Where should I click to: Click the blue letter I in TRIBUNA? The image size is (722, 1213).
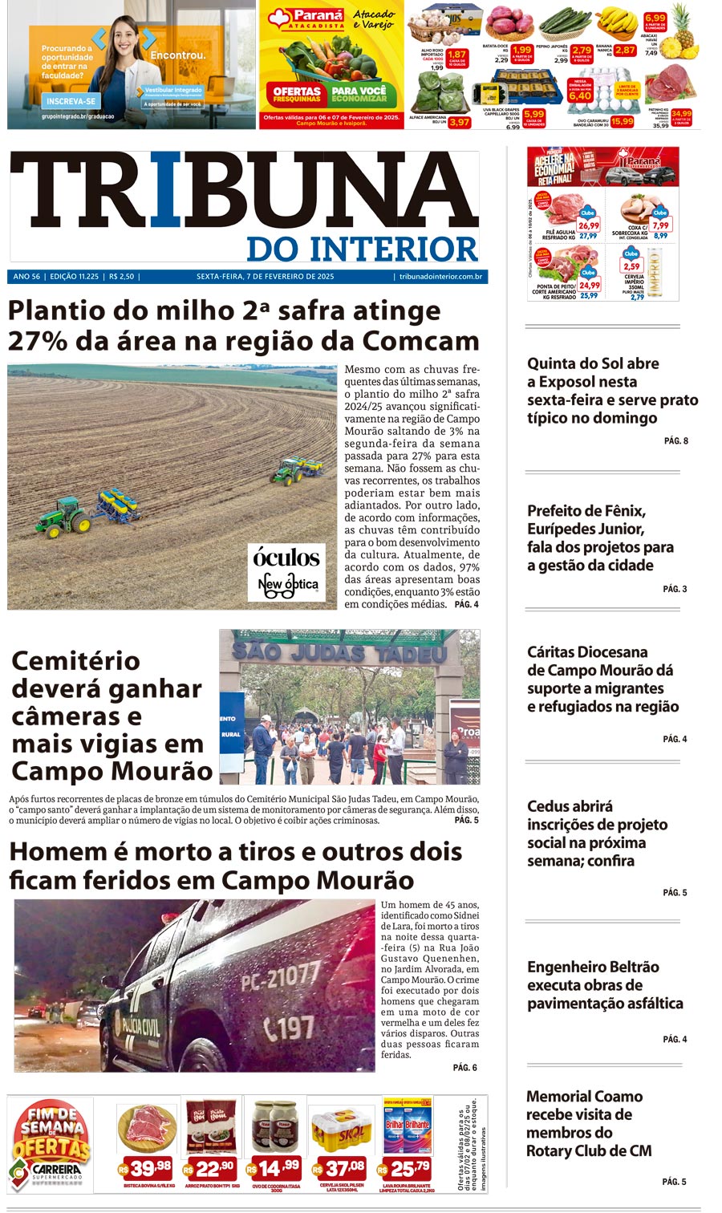pos(166,190)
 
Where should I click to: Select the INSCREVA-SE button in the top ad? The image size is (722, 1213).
pos(71,102)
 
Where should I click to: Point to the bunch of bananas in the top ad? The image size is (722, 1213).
pos(617,24)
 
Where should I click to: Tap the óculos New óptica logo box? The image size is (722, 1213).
pos(286,571)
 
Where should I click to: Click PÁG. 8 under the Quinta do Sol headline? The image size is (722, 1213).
pos(675,440)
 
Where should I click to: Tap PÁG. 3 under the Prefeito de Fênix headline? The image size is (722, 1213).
pos(675,589)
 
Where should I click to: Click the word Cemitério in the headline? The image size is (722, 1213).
pos(76,661)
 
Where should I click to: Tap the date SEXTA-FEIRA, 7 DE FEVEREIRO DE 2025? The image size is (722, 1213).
pos(265,277)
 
